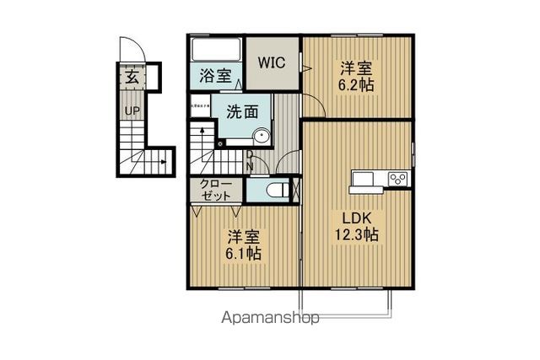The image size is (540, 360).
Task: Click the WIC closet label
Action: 271,63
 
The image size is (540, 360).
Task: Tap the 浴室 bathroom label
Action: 216,75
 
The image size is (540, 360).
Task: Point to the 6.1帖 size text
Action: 242,252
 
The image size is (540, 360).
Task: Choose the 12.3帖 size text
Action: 359,234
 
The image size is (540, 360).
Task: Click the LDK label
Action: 358,217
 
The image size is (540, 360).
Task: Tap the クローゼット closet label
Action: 216,189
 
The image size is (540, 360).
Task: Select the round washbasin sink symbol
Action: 262,136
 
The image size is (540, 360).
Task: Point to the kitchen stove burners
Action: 397,178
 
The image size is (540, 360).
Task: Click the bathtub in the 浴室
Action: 216,48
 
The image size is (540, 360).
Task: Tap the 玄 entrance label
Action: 132,77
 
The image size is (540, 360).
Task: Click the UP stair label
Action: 132,110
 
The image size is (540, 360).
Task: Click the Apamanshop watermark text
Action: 270,319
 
